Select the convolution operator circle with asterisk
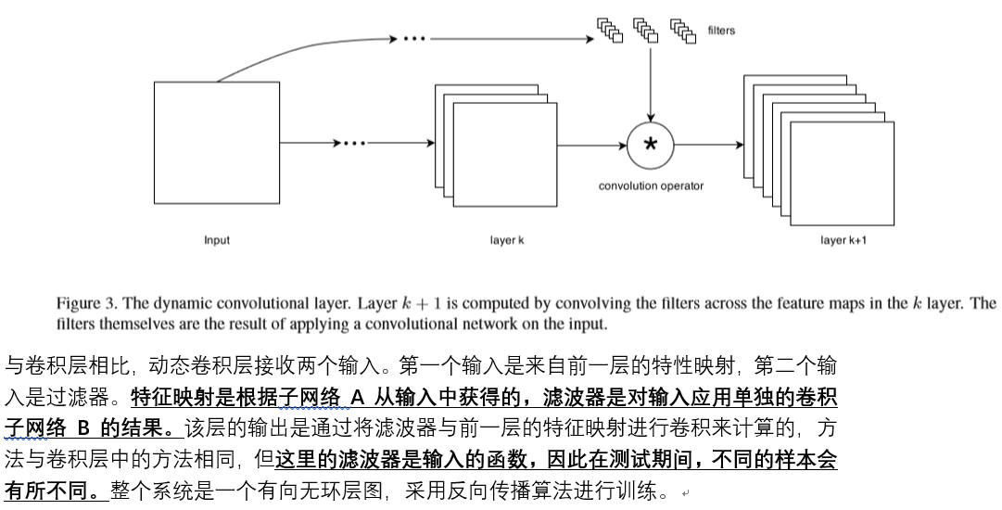pyautogui.click(x=651, y=145)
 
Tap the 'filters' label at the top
pyautogui.click(x=721, y=30)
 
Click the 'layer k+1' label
pyautogui.click(x=843, y=240)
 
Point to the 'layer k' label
pyautogui.click(x=507, y=240)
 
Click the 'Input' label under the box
pyautogui.click(x=217, y=240)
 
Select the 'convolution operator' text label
pyautogui.click(x=651, y=186)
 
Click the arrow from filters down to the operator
pyautogui.click(x=651, y=83)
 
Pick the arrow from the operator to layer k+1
pyautogui.click(x=709, y=145)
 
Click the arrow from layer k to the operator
pyautogui.click(x=591, y=145)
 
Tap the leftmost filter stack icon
pyautogui.click(x=610, y=30)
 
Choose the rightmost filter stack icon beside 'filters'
pyautogui.click(x=683, y=31)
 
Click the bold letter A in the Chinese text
pyautogui.click(x=357, y=398)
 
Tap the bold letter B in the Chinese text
pyautogui.click(x=83, y=428)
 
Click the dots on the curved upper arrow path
pyautogui.click(x=414, y=38)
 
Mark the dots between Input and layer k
pyautogui.click(x=355, y=143)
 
